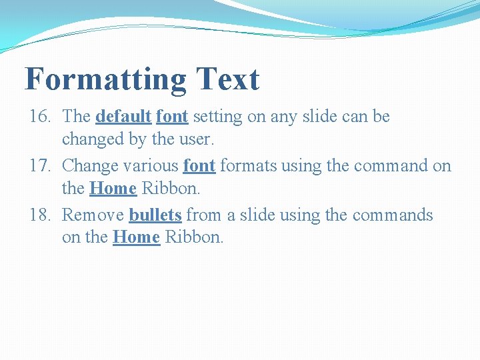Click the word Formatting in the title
point(105,80)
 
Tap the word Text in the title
point(227,79)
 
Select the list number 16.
point(40,117)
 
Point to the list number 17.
point(40,166)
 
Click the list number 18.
point(40,215)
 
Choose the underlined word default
point(123,117)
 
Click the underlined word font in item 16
point(172,117)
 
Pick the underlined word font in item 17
point(199,166)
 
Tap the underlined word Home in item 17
point(113,189)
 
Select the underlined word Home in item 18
point(137,238)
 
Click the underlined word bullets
point(155,215)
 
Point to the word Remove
point(93,215)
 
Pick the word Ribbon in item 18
point(192,238)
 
